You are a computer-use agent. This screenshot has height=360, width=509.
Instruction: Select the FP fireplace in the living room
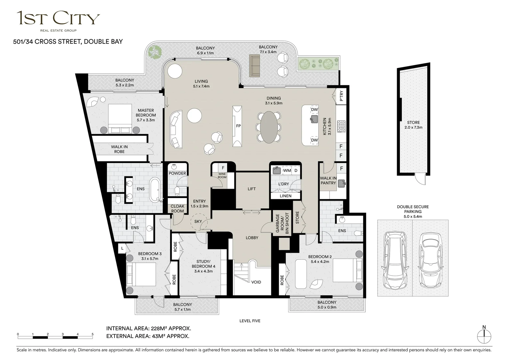[x=238, y=126]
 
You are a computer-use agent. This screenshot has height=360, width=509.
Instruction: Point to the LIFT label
[x=252, y=189]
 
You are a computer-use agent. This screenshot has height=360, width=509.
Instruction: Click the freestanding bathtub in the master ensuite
[x=155, y=189]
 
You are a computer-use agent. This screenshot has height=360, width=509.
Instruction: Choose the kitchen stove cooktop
[x=342, y=126]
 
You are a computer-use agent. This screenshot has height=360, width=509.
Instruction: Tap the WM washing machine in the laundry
[x=287, y=170]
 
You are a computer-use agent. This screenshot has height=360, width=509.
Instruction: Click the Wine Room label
[x=222, y=176]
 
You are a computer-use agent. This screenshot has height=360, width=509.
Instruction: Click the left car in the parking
[x=395, y=261]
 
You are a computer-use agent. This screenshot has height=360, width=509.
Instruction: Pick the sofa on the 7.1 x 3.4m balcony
[x=255, y=66]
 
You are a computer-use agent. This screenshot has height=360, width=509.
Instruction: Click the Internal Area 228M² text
[x=149, y=329]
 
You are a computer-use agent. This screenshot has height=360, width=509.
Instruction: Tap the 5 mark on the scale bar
[x=93, y=334]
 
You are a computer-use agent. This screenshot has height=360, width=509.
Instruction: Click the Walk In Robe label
[x=119, y=149]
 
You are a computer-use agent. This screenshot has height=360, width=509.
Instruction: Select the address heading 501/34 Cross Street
[x=68, y=42]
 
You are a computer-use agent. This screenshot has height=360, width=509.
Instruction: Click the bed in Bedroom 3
[x=141, y=274]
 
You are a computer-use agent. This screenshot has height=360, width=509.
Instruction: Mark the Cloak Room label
[x=177, y=209]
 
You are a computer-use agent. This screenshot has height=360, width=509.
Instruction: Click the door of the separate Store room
[x=420, y=180]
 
